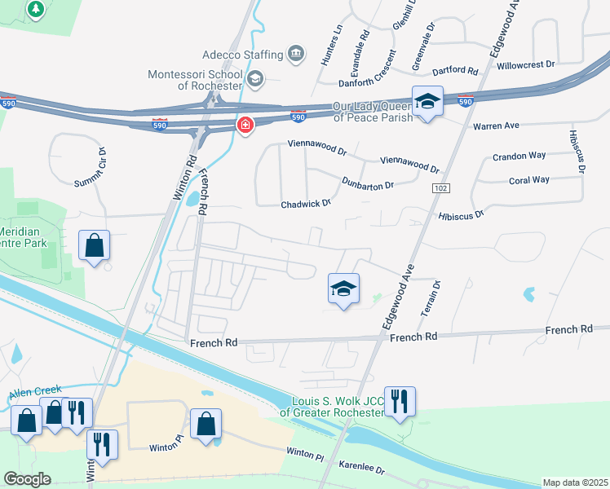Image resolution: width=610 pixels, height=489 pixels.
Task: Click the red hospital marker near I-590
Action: click(x=244, y=126)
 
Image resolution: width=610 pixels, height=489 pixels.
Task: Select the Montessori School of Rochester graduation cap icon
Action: click(x=255, y=78)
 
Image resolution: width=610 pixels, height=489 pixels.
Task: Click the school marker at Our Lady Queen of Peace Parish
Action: click(x=427, y=102)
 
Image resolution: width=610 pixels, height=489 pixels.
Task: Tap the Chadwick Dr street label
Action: click(x=306, y=204)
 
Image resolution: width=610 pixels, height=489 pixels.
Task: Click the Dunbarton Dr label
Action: click(x=368, y=183)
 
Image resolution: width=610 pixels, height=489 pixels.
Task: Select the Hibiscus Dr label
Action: click(x=461, y=214)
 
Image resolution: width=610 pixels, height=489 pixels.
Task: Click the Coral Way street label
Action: click(x=529, y=180)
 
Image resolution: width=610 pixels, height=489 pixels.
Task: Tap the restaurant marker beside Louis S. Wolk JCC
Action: click(x=400, y=402)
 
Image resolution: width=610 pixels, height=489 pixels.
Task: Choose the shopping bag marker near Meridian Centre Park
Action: click(x=94, y=245)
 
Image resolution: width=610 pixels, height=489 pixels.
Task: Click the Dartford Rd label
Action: click(x=456, y=72)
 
